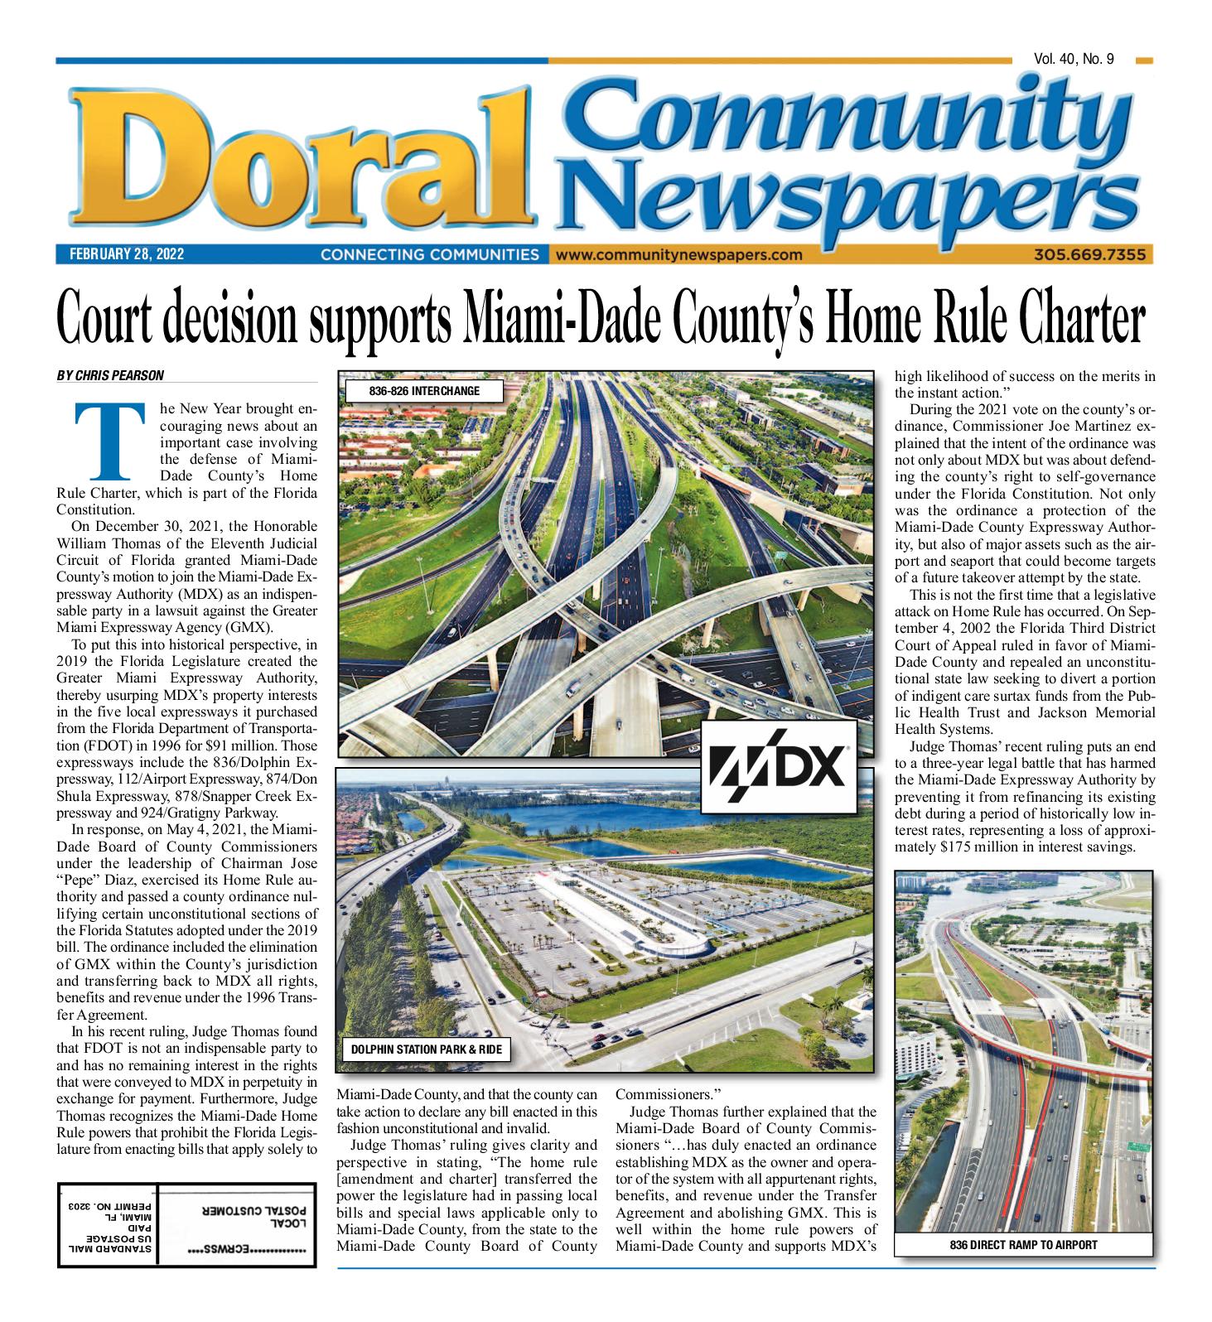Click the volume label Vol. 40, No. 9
pos(1074,59)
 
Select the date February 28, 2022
pos(121,254)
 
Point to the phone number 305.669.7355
pos(1089,254)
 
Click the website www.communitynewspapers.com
pos(680,254)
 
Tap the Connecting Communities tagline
pos(429,254)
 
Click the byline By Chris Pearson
pos(110,375)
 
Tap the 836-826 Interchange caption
pos(423,390)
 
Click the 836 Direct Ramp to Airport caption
pos(1024,1244)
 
